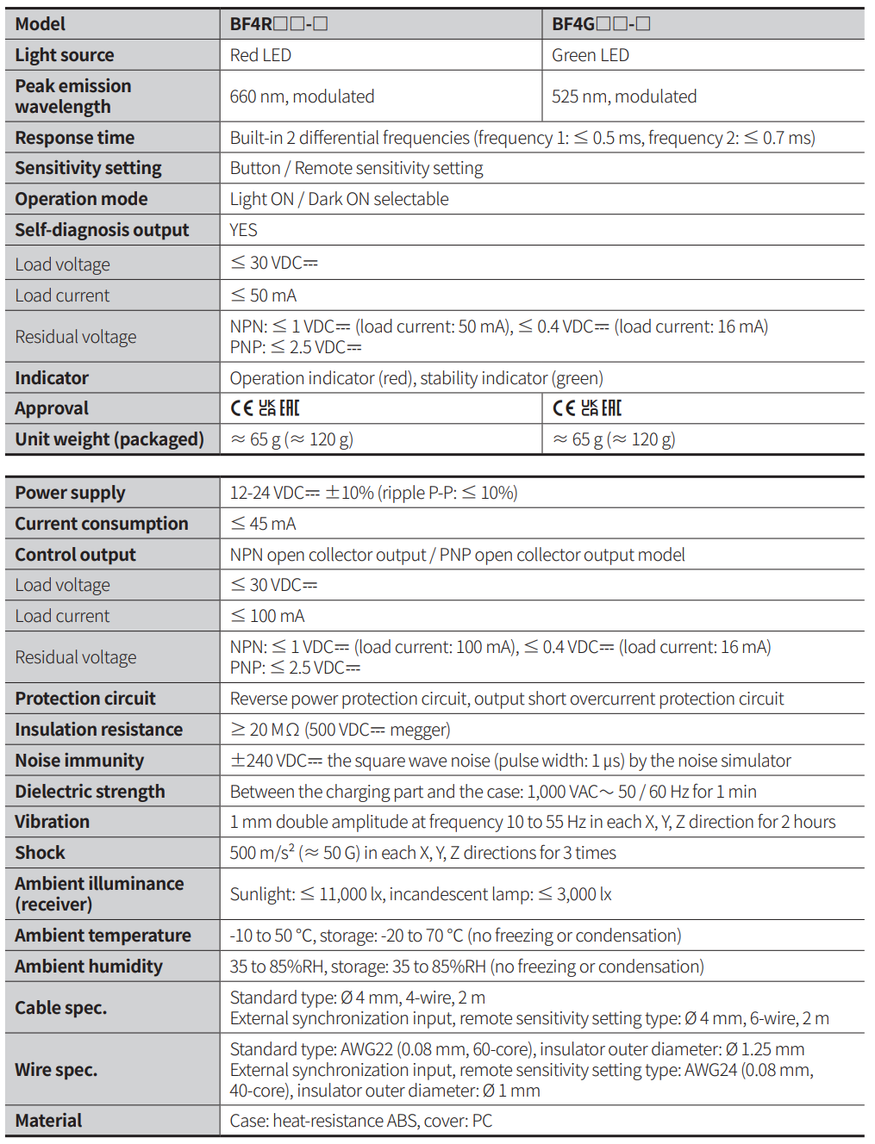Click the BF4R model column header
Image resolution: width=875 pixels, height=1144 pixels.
click(x=278, y=24)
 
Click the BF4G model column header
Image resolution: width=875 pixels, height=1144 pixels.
click(x=601, y=24)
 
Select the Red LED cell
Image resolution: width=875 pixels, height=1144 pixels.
click(x=260, y=55)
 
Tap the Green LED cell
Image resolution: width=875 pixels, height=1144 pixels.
click(x=591, y=55)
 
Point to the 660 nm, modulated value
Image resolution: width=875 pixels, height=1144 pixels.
click(x=302, y=96)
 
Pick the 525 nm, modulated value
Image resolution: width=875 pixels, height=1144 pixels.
click(x=624, y=96)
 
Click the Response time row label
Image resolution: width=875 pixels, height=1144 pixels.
click(x=75, y=138)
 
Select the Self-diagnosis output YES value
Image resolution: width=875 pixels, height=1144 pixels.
click(x=243, y=230)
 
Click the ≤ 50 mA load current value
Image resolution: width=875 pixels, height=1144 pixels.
click(x=264, y=295)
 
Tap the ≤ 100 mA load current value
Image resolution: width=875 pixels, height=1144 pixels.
click(x=267, y=616)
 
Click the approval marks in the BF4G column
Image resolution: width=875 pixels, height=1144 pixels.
click(x=587, y=408)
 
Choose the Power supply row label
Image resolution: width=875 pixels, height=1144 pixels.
click(x=70, y=493)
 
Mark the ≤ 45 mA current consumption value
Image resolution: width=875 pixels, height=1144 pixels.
click(x=263, y=524)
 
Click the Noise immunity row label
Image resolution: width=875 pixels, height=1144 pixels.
click(x=79, y=761)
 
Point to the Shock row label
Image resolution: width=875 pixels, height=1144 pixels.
click(x=40, y=853)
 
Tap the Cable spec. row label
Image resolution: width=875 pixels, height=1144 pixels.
click(x=61, y=1008)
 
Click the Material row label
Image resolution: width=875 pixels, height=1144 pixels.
click(x=48, y=1121)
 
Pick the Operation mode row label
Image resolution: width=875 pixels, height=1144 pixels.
click(x=81, y=199)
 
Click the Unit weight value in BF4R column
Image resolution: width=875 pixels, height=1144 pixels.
click(x=291, y=439)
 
